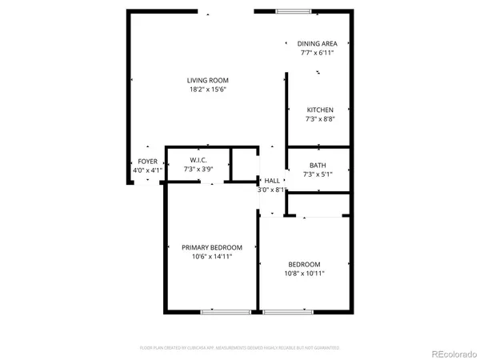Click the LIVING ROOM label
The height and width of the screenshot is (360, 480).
coord(208,80)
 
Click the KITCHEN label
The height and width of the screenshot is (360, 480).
coord(320,110)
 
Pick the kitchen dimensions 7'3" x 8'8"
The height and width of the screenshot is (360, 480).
coord(320,118)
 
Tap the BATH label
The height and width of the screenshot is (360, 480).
coord(318,165)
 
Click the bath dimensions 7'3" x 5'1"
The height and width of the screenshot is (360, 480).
coord(318,174)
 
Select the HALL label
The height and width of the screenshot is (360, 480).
coord(272,181)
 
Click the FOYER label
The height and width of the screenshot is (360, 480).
coord(148,162)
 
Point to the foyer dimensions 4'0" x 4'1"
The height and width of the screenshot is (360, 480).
coord(148,170)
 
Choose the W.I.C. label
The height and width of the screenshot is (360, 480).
coord(199,160)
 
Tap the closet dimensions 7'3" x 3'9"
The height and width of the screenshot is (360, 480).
coord(199,169)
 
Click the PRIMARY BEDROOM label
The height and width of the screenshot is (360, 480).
coord(211,247)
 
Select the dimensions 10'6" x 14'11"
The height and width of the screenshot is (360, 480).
coord(211,256)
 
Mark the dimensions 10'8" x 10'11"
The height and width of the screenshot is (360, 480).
coord(304,274)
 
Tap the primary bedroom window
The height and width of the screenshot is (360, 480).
coord(220,311)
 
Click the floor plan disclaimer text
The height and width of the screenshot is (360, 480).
coord(240,348)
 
